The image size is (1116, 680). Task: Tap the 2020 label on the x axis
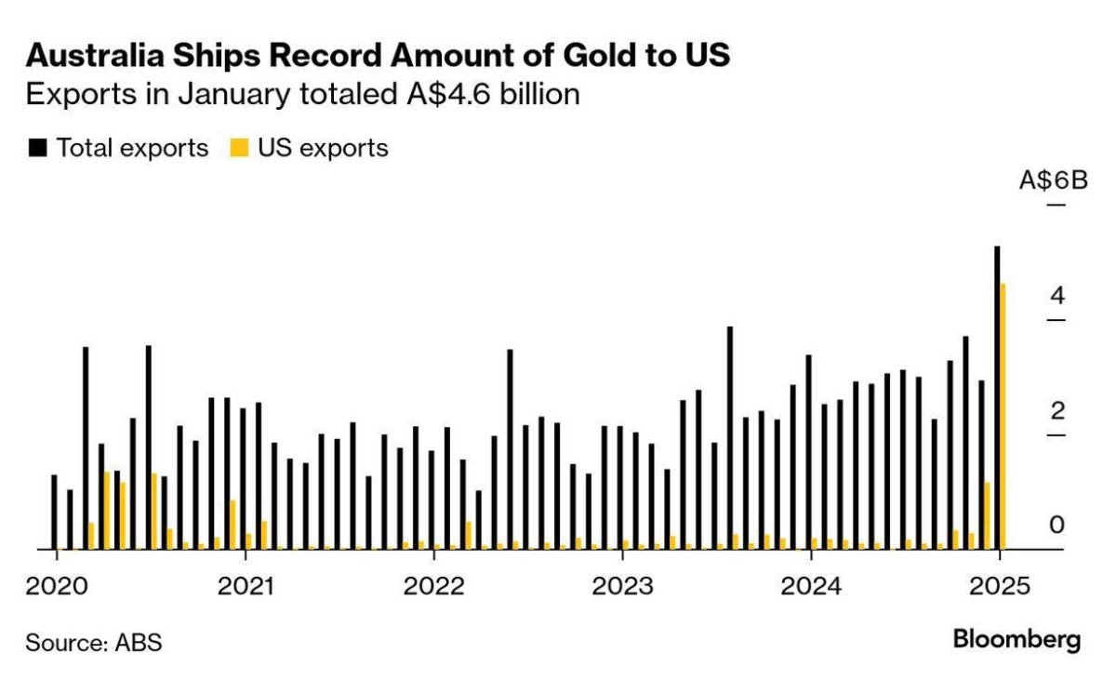(56, 587)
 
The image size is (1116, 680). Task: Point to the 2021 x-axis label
(245, 587)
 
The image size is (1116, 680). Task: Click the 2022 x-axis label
(433, 587)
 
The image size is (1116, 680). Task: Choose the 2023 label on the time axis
(622, 587)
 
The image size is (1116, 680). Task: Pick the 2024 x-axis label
(811, 587)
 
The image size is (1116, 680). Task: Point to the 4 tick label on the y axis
(1056, 296)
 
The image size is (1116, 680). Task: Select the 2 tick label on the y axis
(1056, 410)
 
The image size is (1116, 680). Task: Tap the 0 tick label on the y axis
(1056, 526)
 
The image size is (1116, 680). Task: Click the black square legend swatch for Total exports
(37, 148)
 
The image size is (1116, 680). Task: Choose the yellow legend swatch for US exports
(239, 148)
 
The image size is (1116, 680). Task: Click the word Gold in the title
(573, 57)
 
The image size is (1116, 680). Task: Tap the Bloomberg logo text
(1017, 640)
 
